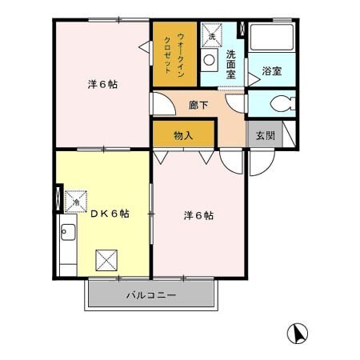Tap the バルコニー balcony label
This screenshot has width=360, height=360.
point(151,295)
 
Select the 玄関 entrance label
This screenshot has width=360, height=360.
point(265,136)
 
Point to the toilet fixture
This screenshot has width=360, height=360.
point(274,104)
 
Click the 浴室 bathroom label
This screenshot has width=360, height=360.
point(272,71)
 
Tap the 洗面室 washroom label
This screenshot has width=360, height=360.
point(230,63)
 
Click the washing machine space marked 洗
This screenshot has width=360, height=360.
point(212,38)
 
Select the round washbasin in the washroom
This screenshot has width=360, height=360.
point(210,60)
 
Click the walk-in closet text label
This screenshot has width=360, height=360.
point(174,54)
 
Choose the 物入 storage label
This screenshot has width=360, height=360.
point(184,135)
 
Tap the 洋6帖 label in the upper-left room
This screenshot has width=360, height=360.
point(102,84)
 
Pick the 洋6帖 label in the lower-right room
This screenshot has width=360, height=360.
point(198,215)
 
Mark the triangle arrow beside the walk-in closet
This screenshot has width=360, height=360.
point(145,50)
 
